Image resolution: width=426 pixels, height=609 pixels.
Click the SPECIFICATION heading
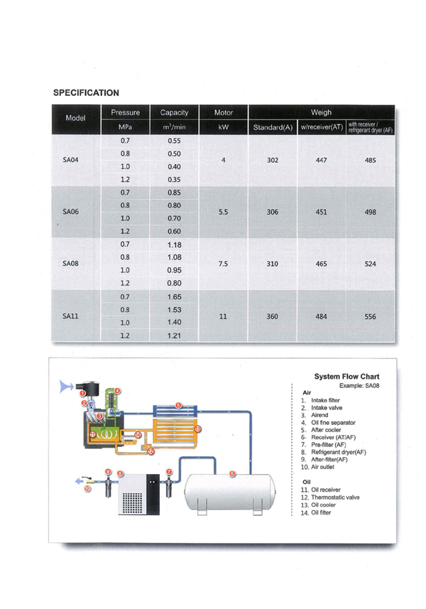[x=86, y=92]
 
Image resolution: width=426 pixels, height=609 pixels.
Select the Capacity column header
[x=173, y=113]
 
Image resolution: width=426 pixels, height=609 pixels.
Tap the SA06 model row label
[x=70, y=212]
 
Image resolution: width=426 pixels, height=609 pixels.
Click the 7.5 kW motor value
[x=223, y=264]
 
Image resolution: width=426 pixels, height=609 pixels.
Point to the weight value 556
[x=370, y=318]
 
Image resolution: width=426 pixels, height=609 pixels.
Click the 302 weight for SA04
[x=272, y=161]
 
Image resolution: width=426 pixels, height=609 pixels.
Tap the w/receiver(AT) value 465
[x=321, y=264]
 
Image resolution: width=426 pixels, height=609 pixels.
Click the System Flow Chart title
[x=346, y=377]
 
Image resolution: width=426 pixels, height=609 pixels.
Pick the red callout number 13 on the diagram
[x=197, y=429]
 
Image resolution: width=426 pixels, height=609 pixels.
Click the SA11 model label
[x=70, y=317]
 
